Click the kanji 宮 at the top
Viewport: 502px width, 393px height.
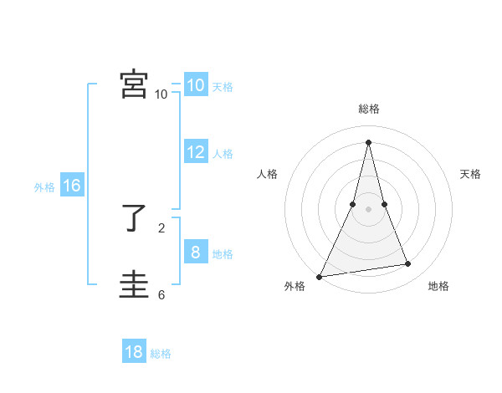coord(134,84)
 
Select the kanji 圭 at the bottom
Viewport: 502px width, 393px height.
coord(134,285)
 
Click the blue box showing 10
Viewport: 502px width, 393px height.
coord(195,85)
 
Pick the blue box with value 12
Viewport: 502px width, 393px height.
coord(195,152)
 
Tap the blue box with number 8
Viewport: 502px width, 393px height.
coord(195,253)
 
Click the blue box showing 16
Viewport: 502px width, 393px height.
coord(72,186)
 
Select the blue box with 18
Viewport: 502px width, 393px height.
coord(134,352)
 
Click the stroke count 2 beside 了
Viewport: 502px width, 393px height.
coord(161,227)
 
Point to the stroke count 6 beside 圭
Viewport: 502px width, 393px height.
coord(161,294)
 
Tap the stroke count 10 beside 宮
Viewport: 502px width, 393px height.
coord(161,94)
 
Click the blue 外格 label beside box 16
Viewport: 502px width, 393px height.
coord(44,187)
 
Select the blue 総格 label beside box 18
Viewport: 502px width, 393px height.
coord(161,354)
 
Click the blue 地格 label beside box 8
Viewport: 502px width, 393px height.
coord(223,254)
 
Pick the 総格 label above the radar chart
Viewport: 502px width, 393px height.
coord(369,109)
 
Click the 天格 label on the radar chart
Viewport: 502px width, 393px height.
coord(471,174)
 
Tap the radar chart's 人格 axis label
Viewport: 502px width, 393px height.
coord(267,174)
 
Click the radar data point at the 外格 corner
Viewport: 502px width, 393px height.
coord(320,276)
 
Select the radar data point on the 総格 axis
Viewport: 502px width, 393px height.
coord(369,142)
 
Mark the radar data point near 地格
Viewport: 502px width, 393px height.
coord(408,264)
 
